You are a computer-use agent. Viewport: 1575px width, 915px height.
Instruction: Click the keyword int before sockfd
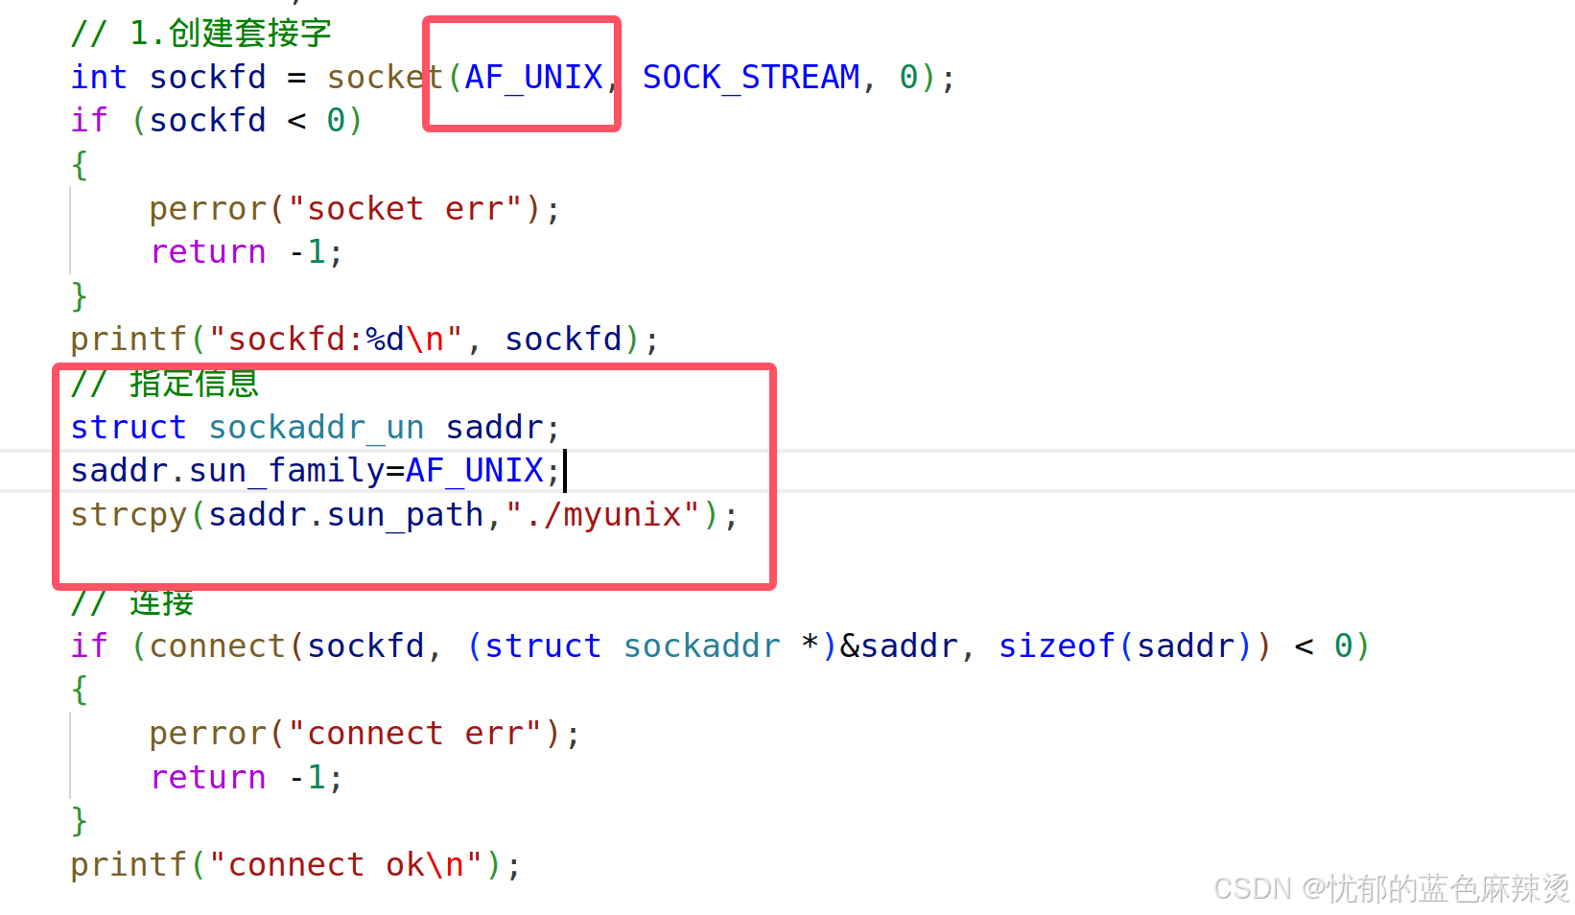(99, 77)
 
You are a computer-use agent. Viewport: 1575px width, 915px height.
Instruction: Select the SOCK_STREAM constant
(751, 77)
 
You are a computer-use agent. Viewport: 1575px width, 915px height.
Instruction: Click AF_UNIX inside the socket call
(533, 77)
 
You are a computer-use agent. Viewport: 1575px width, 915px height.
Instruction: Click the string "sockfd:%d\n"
(336, 339)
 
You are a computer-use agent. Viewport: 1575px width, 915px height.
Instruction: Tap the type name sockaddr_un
(317, 427)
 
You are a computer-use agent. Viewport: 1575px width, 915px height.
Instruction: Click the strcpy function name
(129, 515)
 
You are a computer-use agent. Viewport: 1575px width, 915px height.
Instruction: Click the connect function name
(218, 645)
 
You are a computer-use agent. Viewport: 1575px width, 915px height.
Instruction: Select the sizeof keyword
(1056, 645)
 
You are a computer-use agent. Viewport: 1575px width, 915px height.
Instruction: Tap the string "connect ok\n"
(345, 864)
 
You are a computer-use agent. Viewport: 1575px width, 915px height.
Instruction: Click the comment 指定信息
(195, 383)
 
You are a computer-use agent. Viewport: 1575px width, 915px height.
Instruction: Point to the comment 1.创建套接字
(230, 34)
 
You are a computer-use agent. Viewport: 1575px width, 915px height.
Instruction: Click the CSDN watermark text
(1391, 888)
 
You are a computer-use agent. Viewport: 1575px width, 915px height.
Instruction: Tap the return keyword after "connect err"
(208, 777)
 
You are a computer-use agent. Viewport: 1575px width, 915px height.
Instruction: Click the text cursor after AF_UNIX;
(565, 470)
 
